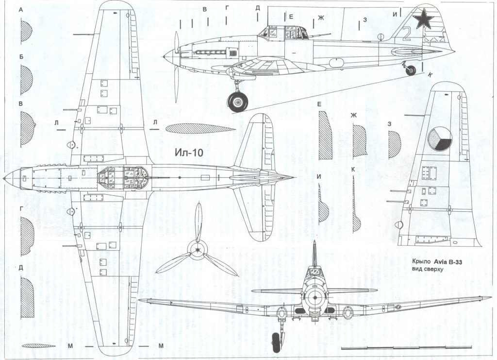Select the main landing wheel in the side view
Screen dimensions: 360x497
tap(237, 102)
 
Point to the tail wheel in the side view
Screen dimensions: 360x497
tap(411, 70)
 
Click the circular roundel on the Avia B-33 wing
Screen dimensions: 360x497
tap(441, 138)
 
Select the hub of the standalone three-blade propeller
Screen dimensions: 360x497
tap(197, 250)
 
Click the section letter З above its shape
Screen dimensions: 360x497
tap(390, 124)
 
